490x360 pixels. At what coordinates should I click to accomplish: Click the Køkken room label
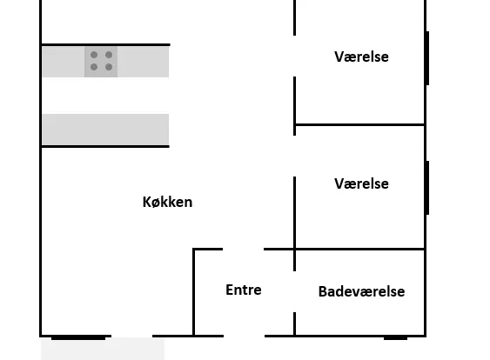coord(167,202)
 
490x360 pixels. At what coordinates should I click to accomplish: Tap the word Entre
coord(244,290)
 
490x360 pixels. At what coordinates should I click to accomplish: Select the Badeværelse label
coord(361,291)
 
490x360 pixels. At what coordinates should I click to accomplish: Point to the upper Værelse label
coord(361,57)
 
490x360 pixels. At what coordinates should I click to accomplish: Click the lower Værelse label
coord(361,183)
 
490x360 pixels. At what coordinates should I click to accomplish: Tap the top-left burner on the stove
coord(94,55)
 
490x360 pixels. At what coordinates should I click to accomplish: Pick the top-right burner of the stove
coord(109,55)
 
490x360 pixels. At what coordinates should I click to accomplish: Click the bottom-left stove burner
coord(94,67)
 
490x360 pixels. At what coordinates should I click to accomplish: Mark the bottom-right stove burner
coord(109,67)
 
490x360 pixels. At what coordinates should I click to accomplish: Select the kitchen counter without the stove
coord(105,130)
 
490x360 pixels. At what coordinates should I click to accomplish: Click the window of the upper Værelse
coord(427,58)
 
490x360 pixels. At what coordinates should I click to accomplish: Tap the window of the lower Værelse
coord(427,188)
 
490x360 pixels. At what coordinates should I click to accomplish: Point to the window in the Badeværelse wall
coord(395,337)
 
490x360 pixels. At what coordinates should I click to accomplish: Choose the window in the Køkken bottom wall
coord(78,337)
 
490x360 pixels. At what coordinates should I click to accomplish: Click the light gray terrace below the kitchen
coord(103,349)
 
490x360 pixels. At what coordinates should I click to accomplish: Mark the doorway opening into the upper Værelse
coord(294,57)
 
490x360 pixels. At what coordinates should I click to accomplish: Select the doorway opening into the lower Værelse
coord(294,157)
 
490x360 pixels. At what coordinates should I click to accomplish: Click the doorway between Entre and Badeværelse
coord(294,291)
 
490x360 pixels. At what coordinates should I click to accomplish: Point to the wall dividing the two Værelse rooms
coord(359,125)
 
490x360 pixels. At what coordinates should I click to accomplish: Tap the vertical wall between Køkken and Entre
coord(194,292)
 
